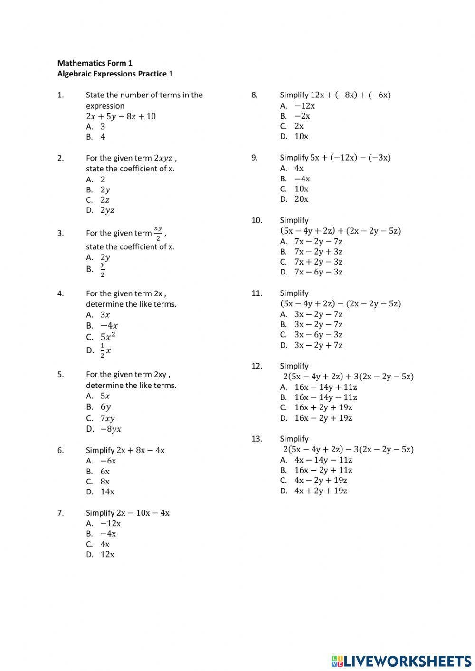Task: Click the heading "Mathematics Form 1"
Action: pos(95,63)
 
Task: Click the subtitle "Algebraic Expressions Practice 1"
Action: pos(115,74)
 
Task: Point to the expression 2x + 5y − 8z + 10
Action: pos(121,116)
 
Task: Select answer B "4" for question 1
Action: pos(103,137)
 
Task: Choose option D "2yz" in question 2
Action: pos(107,210)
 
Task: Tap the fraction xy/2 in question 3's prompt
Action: pos(158,233)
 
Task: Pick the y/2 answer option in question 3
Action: pos(103,269)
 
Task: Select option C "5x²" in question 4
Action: pos(108,337)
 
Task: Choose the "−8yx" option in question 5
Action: pos(111,429)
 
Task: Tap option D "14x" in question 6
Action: pos(107,491)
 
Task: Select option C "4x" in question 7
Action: pos(105,544)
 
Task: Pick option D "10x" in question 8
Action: pos(301,136)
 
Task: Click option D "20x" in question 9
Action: pos(301,199)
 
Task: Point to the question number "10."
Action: pos(256,220)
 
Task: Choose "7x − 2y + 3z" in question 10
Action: pos(318,252)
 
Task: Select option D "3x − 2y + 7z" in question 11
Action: pos(318,345)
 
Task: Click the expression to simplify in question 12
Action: pos(348,377)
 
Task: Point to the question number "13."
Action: pos(256,439)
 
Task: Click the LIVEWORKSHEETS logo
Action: pos(401,661)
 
